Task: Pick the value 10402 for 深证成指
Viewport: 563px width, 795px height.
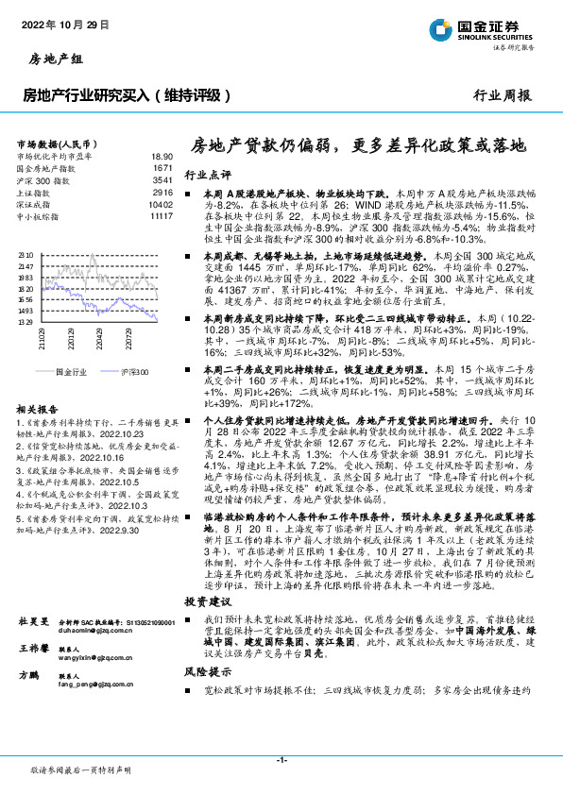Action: coord(161,203)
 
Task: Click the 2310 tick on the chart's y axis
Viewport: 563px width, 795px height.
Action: coord(26,255)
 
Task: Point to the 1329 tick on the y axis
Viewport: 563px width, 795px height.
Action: coord(26,322)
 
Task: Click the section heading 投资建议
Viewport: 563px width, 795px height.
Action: coord(207,575)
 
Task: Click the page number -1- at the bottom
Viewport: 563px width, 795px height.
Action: coord(281,760)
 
